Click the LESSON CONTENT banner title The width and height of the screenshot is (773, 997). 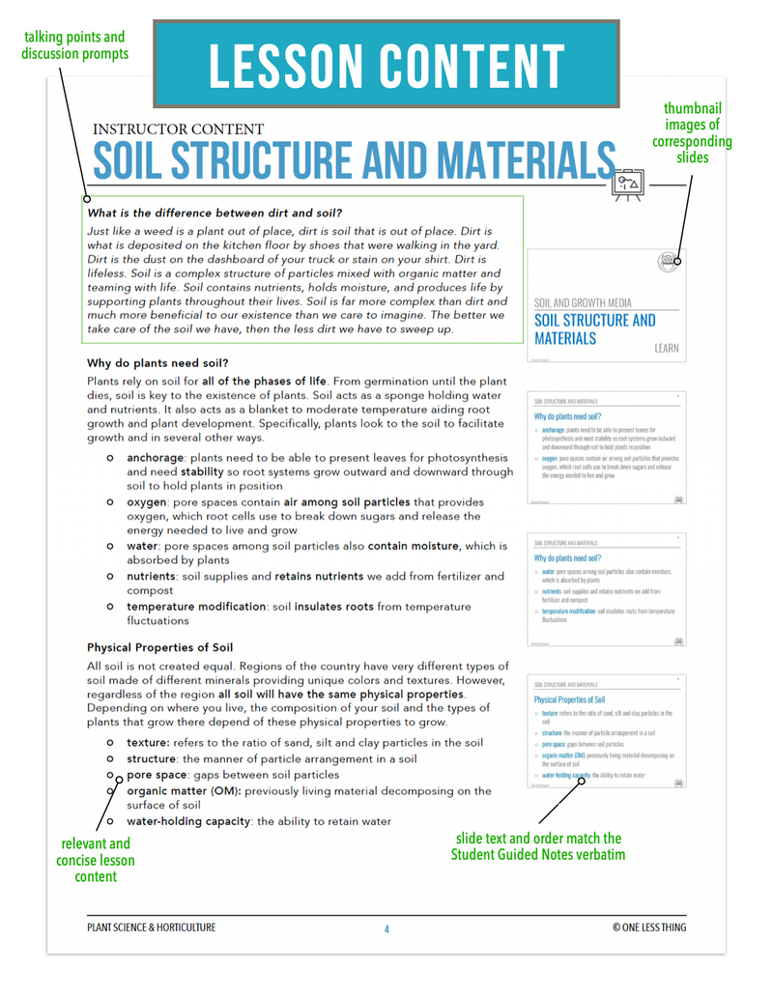[386, 65]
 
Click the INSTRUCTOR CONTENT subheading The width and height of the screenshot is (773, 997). [178, 128]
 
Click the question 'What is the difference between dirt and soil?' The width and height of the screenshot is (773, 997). [215, 213]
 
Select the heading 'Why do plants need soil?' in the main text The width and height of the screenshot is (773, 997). [157, 363]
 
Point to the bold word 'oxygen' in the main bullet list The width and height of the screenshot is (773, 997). [149, 502]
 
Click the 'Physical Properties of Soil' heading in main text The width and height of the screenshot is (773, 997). [159, 647]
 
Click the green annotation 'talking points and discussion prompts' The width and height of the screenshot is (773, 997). [74, 45]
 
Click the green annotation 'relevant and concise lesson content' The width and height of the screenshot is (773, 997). [95, 860]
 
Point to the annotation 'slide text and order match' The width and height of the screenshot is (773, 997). [536, 838]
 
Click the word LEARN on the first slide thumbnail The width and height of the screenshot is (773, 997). [666, 348]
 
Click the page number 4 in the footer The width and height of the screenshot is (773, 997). [386, 928]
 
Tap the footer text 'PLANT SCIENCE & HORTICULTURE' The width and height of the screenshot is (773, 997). [152, 927]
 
